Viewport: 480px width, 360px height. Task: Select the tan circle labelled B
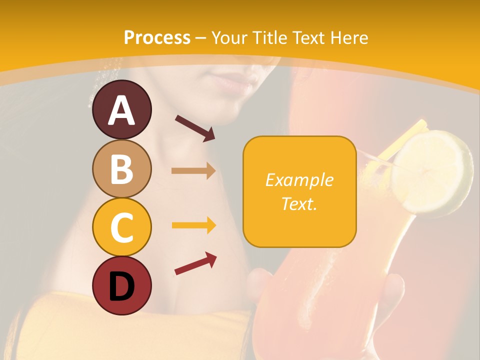click(121, 168)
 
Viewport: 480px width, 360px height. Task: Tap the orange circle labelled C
click(121, 227)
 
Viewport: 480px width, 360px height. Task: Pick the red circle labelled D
click(121, 285)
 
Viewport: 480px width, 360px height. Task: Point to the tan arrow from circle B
click(193, 171)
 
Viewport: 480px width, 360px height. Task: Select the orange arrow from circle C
click(193, 225)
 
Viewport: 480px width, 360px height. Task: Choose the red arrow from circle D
click(195, 263)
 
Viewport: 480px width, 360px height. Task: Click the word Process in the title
click(157, 38)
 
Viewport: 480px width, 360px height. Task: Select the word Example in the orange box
click(299, 180)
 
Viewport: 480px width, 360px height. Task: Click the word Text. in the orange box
click(299, 203)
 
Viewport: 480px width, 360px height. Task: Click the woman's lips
click(234, 83)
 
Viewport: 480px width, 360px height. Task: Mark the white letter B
click(121, 168)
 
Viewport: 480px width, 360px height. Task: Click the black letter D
click(121, 286)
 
